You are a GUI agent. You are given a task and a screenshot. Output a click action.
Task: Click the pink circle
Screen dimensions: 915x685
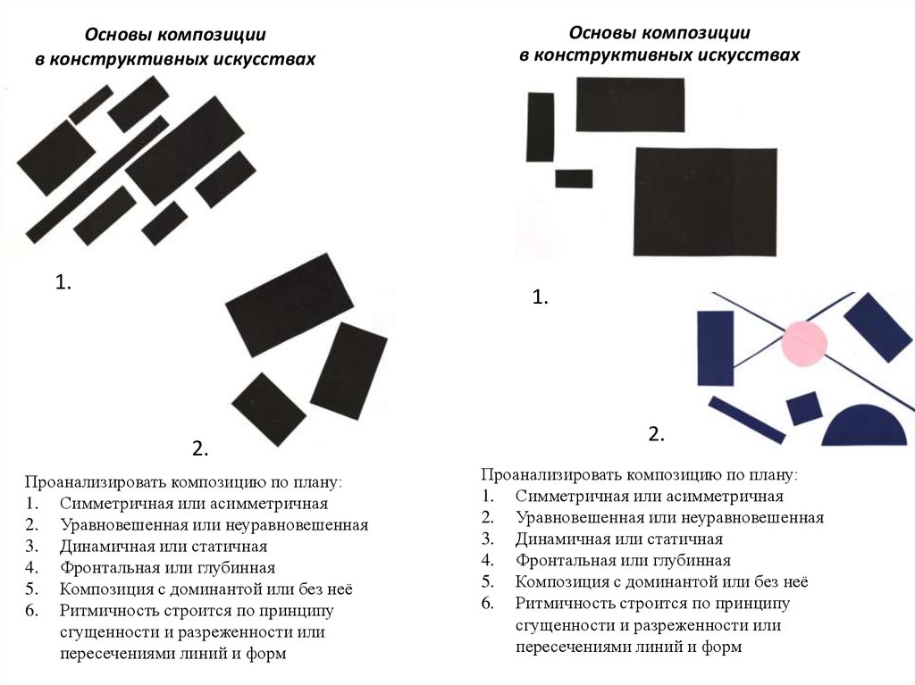(x=804, y=343)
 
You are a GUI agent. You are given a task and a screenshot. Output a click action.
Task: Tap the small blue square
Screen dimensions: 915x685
(x=805, y=408)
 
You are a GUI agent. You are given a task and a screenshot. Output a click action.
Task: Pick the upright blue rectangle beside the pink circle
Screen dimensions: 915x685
(x=716, y=348)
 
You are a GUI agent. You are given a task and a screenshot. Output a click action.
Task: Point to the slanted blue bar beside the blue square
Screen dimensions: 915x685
(x=747, y=420)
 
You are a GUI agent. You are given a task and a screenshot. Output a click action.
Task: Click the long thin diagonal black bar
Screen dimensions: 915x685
(x=97, y=180)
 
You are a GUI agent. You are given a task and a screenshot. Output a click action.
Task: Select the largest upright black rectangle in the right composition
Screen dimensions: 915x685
(x=706, y=201)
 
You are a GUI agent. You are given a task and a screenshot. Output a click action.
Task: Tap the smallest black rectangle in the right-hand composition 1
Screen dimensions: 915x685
(x=574, y=179)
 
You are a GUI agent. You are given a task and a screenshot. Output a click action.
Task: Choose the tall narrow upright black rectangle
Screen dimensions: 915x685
(x=541, y=127)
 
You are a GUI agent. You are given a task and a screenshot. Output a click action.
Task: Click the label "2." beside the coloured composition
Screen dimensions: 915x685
(x=657, y=434)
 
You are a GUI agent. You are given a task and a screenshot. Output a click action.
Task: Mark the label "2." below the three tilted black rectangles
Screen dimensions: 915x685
(x=200, y=448)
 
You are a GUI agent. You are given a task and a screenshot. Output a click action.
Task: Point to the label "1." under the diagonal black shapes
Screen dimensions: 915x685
(x=63, y=282)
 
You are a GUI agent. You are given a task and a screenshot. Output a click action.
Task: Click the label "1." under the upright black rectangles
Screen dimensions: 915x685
(x=541, y=297)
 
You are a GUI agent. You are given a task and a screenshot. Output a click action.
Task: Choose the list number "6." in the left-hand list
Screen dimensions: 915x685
(x=31, y=611)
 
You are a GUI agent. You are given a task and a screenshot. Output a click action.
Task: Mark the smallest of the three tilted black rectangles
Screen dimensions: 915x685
(x=269, y=410)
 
